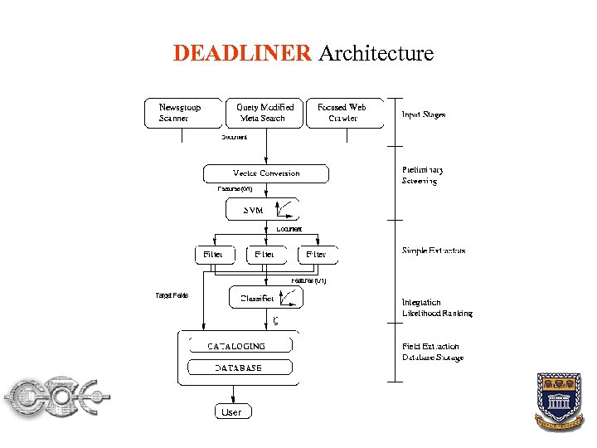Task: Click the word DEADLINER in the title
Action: coord(242,54)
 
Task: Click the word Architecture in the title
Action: coord(376,54)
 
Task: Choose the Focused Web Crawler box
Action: coord(343,113)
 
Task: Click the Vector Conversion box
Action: coord(266,173)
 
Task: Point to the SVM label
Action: coord(253,211)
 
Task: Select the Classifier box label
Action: coord(256,298)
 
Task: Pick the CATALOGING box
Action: coord(237,345)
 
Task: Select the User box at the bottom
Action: coord(232,411)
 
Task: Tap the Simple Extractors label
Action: coord(434,251)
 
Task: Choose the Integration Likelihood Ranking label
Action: coord(437,308)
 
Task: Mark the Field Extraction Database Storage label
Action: coord(433,352)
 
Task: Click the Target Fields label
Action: coord(172,295)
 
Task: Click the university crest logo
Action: coord(560,401)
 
